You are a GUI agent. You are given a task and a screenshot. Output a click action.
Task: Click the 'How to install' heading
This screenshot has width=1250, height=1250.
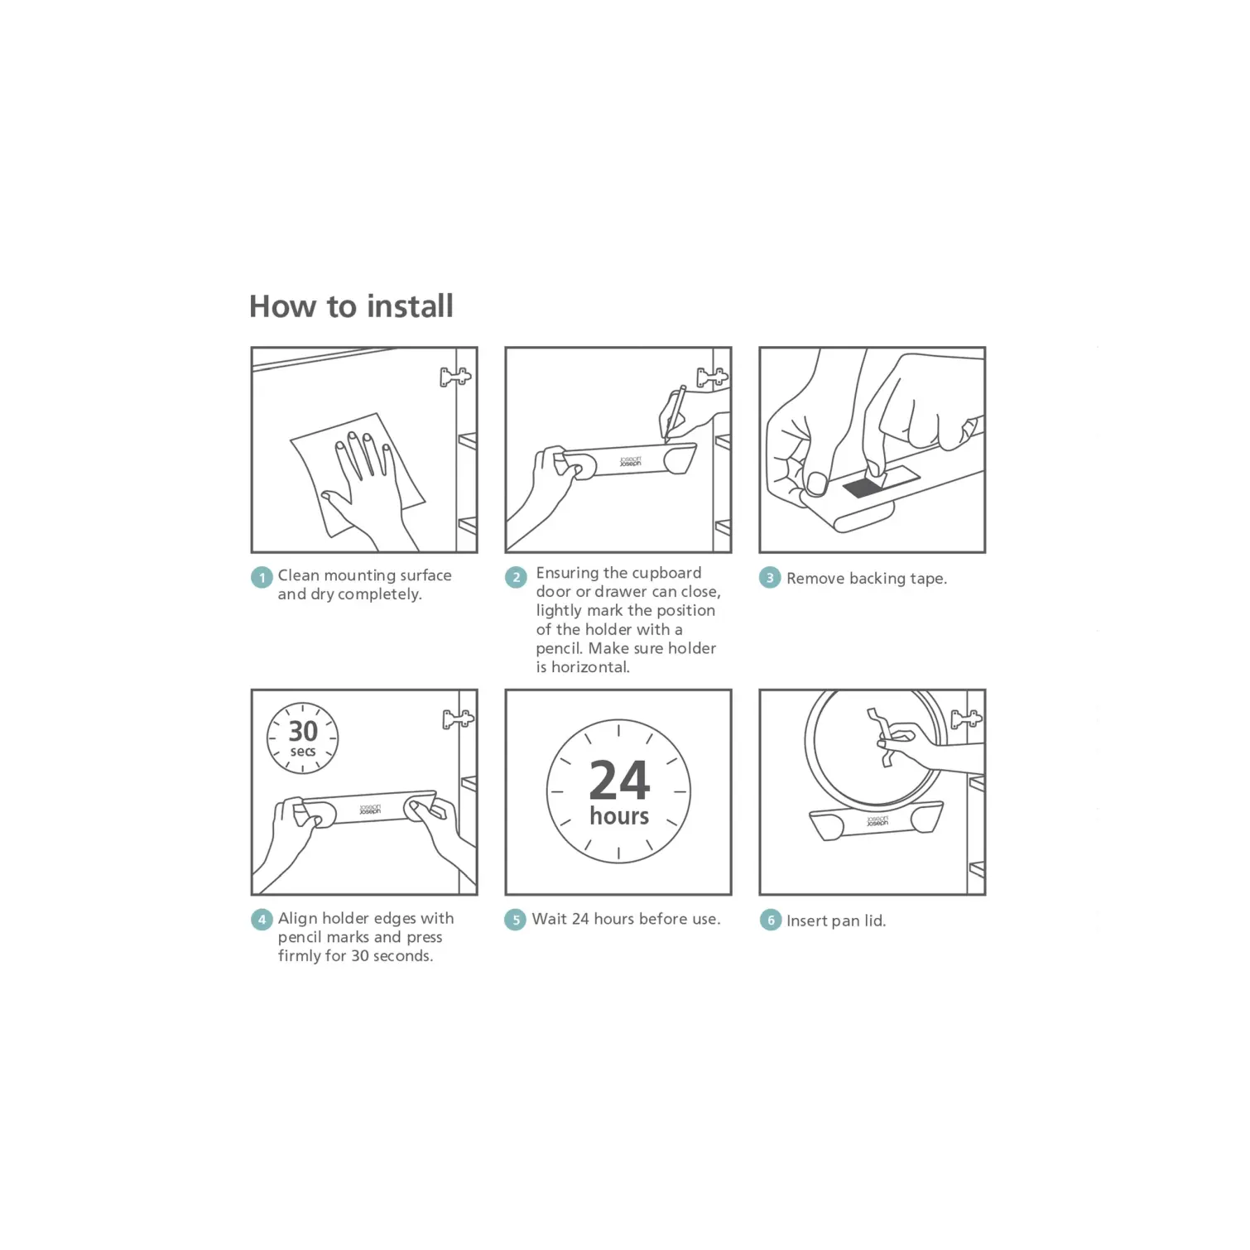pyautogui.click(x=351, y=306)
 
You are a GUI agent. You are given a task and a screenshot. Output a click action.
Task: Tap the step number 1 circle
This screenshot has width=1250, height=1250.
pyautogui.click(x=262, y=577)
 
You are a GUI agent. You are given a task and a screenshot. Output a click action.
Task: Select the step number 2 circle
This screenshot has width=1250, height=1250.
pyautogui.click(x=516, y=577)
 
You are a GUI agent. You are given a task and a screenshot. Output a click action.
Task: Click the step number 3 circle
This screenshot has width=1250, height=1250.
pyautogui.click(x=770, y=577)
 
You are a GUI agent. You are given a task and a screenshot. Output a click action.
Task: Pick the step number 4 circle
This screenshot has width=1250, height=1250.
pyautogui.click(x=262, y=919)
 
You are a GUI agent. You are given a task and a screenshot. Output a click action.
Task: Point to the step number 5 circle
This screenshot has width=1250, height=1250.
pyautogui.click(x=515, y=920)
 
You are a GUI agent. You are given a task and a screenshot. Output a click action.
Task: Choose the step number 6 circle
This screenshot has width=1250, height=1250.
pyautogui.click(x=771, y=920)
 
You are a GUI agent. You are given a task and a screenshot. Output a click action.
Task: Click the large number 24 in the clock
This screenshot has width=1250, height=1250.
pyautogui.click(x=619, y=780)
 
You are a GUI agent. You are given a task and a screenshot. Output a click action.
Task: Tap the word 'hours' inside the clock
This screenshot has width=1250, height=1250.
pyautogui.click(x=619, y=816)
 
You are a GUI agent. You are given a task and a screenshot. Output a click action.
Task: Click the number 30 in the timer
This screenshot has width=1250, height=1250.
pyautogui.click(x=303, y=731)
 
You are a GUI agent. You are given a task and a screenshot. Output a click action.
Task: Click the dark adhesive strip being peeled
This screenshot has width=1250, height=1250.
pyautogui.click(x=864, y=488)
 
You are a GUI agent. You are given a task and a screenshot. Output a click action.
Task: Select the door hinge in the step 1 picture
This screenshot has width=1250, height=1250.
pyautogui.click(x=454, y=377)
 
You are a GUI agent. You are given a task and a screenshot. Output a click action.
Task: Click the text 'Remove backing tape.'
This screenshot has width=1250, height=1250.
pyautogui.click(x=866, y=579)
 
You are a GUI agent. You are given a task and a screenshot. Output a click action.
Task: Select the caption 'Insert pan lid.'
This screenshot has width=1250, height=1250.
pyautogui.click(x=836, y=921)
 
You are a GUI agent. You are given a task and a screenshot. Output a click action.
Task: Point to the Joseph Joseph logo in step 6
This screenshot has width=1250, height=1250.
pyautogui.click(x=877, y=821)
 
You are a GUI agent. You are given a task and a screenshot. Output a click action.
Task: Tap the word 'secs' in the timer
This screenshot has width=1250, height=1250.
pyautogui.click(x=303, y=752)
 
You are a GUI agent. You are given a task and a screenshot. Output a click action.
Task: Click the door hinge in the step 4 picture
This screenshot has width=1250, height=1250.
pyautogui.click(x=458, y=719)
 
